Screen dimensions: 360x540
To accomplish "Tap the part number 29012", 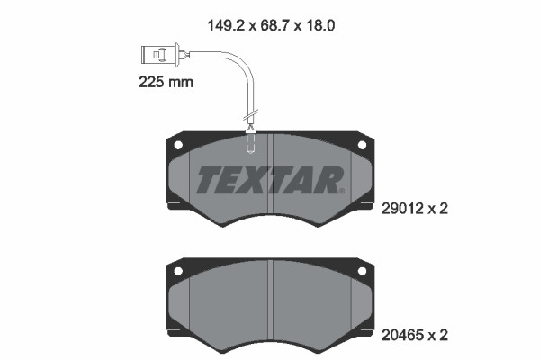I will click(x=404, y=208).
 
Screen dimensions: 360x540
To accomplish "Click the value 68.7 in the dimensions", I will click(x=274, y=27).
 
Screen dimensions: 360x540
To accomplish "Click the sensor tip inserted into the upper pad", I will click(x=251, y=140).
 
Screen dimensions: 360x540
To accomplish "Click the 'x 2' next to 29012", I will click(x=437, y=208).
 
